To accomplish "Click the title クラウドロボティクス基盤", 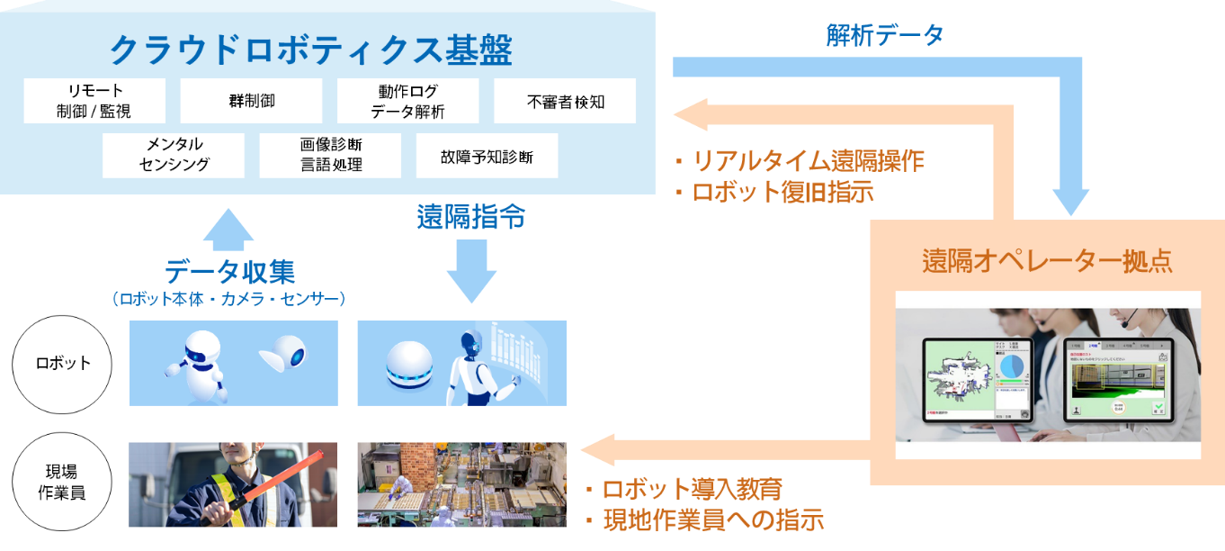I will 310,50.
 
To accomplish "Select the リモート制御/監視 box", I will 94,101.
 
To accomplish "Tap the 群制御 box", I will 251,101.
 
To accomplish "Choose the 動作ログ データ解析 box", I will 407,101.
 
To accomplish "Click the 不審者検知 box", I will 565,101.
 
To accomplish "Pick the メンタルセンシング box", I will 174,155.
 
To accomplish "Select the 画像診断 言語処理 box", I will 330,155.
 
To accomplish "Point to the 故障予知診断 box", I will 487,156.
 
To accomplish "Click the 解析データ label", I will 885,36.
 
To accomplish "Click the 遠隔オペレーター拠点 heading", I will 1047,261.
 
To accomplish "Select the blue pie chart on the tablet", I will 1014,366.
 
